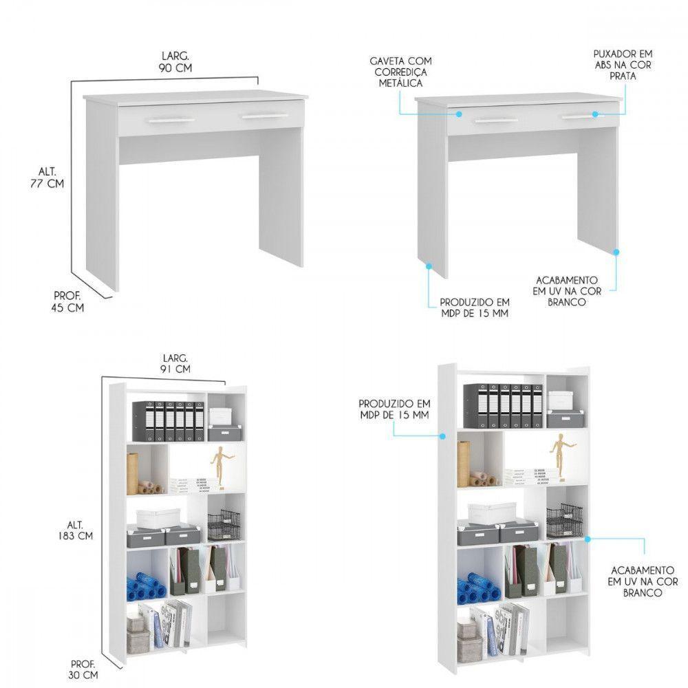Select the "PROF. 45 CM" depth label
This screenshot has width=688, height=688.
point(67,301)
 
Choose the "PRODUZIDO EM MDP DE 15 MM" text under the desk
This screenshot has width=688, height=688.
point(475,308)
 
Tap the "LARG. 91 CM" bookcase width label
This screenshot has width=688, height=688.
point(176,363)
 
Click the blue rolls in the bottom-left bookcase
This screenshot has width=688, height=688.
point(145,587)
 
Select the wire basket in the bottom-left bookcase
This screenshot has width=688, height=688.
point(224,525)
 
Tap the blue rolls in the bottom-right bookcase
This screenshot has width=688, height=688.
point(476,589)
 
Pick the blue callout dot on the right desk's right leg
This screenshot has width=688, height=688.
point(616,252)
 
